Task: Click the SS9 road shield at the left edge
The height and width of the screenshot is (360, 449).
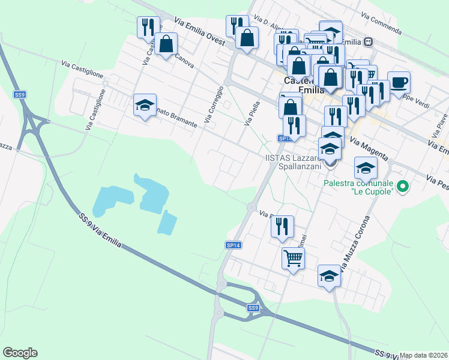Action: [20, 95]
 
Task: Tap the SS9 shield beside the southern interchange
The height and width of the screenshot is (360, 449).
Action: [254, 308]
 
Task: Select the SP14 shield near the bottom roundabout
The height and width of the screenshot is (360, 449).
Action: [233, 245]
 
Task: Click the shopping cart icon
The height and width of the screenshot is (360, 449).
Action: [293, 259]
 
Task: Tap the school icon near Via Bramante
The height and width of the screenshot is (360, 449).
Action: [145, 105]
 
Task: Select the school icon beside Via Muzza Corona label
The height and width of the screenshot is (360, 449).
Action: [329, 276]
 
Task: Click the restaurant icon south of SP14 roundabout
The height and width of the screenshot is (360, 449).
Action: [282, 227]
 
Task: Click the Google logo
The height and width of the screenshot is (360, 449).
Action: [20, 353]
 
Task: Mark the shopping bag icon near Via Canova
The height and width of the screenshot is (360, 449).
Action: [166, 44]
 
